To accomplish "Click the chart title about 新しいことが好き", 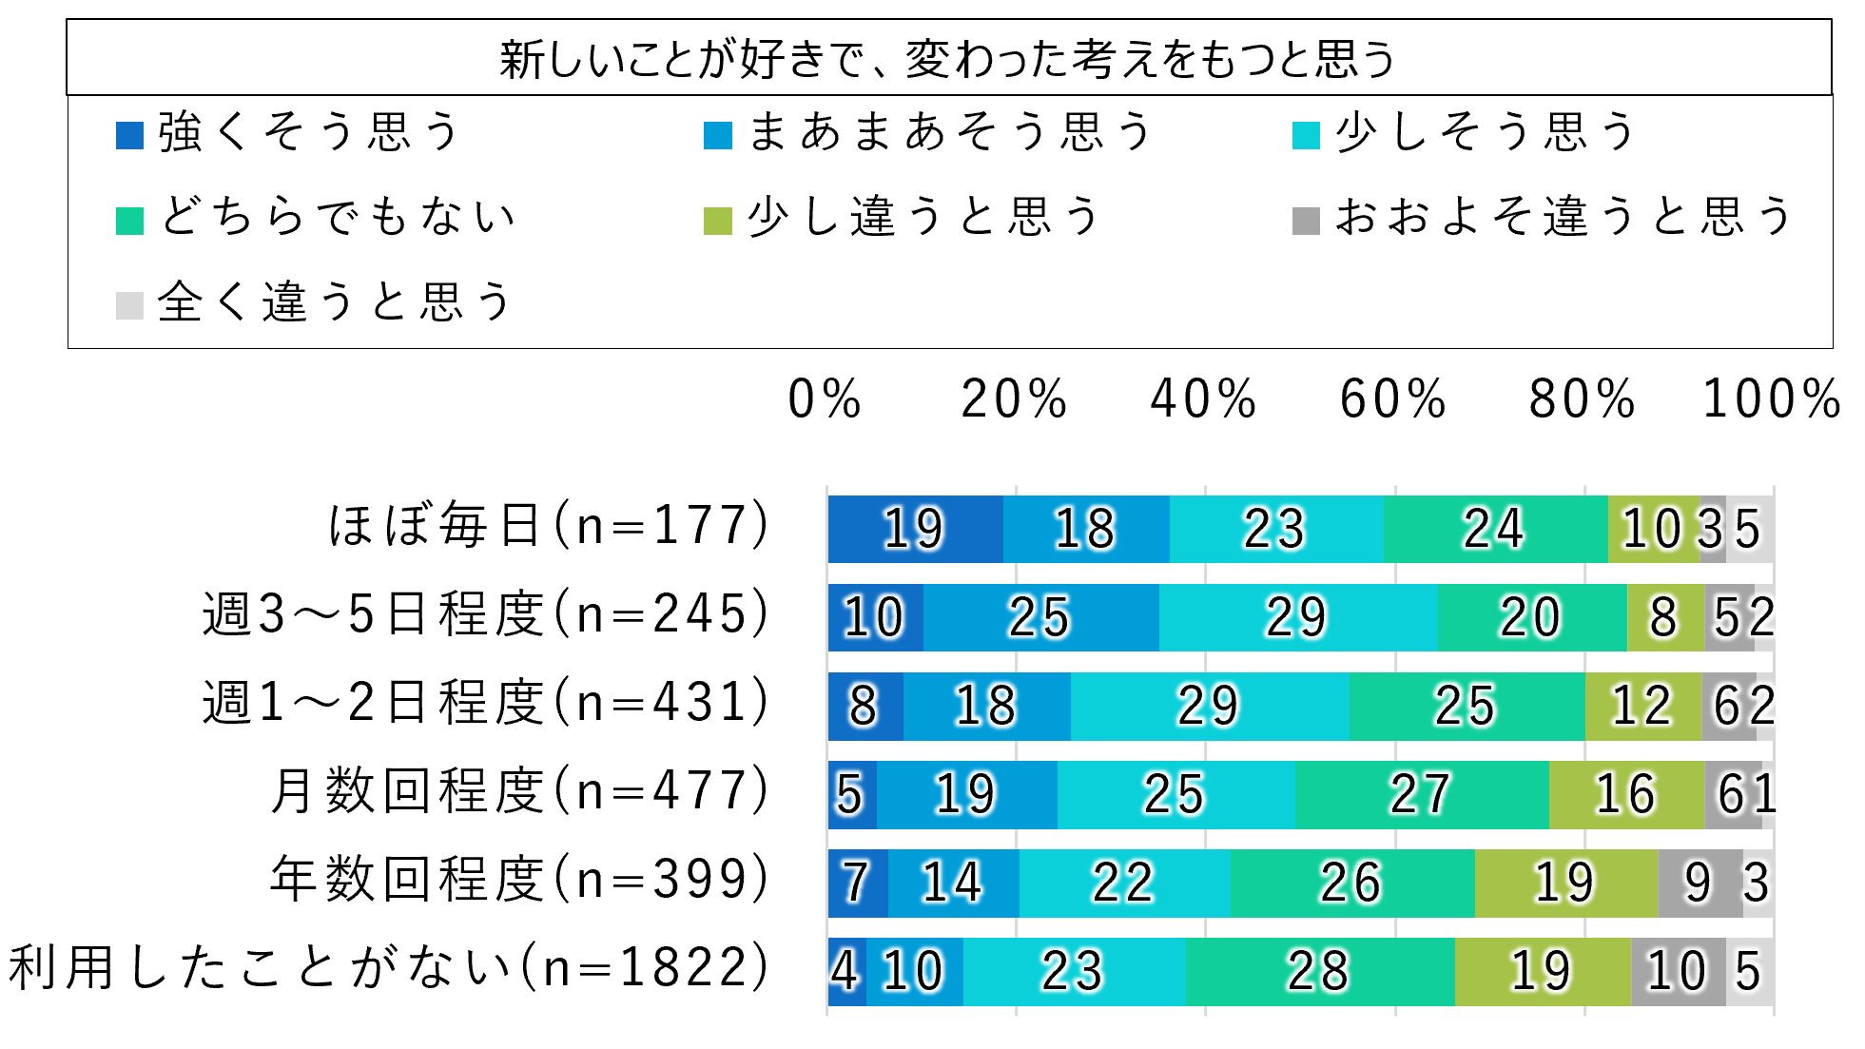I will (948, 59).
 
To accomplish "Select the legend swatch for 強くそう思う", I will (129, 136).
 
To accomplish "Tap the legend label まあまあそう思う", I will (950, 132).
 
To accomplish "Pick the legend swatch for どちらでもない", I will (129, 221).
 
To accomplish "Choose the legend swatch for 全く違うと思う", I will (129, 305).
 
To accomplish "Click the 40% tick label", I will (1203, 398).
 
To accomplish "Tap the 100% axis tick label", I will (1772, 398).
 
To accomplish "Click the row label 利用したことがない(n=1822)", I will (389, 968).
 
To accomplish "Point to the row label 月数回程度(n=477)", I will (519, 791).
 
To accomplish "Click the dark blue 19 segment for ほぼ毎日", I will (915, 529).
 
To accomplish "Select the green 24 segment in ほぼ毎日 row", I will (1495, 529).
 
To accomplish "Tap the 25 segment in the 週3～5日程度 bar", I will (1040, 617).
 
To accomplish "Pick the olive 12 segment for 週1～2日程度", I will (1642, 706).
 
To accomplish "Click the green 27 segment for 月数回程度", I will (1421, 794).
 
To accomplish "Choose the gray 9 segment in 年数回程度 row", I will (1700, 883).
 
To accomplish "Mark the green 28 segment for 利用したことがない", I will (1319, 971).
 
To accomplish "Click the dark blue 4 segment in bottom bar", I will (845, 971).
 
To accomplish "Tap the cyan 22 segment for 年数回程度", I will (1124, 883).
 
